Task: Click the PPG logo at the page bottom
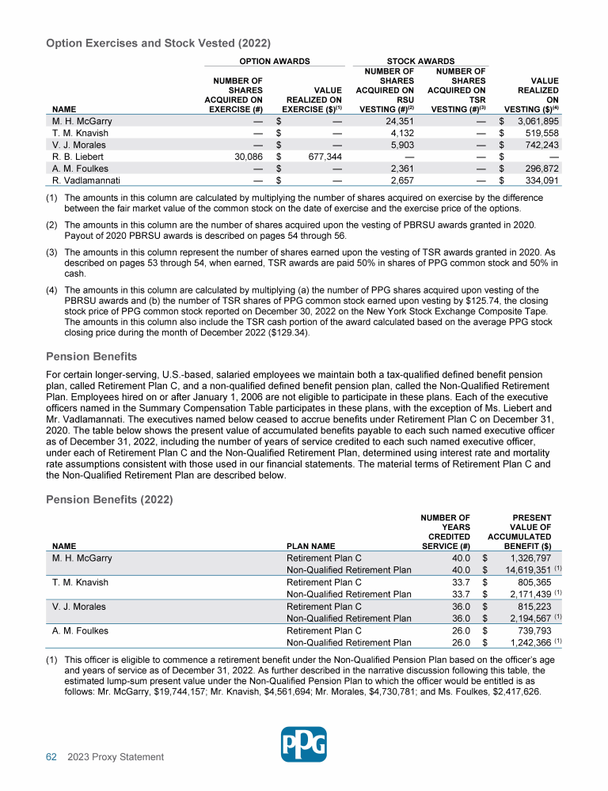[x=304, y=744]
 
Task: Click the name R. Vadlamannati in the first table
[x=85, y=180]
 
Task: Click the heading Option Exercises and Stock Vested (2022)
[x=158, y=42]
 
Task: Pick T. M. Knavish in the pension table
[x=80, y=583]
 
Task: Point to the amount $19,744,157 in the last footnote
[x=287, y=679]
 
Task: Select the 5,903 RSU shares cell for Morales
[x=404, y=145]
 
